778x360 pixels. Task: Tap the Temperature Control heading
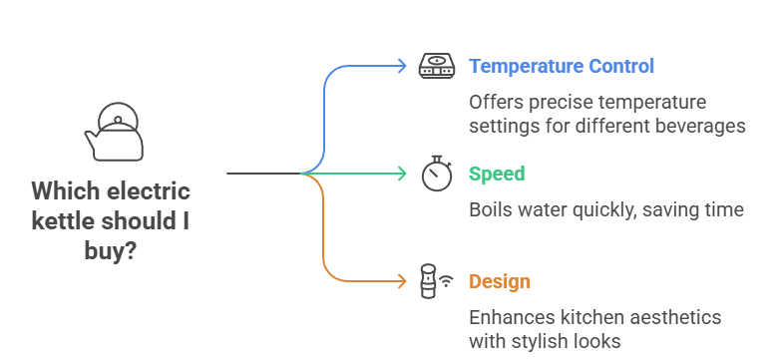(x=562, y=67)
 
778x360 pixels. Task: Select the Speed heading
(x=497, y=174)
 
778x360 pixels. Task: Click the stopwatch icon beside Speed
(x=436, y=173)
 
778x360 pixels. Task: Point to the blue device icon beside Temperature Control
(x=436, y=67)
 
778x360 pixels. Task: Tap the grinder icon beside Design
(x=429, y=281)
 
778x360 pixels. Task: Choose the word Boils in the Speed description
(x=492, y=209)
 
